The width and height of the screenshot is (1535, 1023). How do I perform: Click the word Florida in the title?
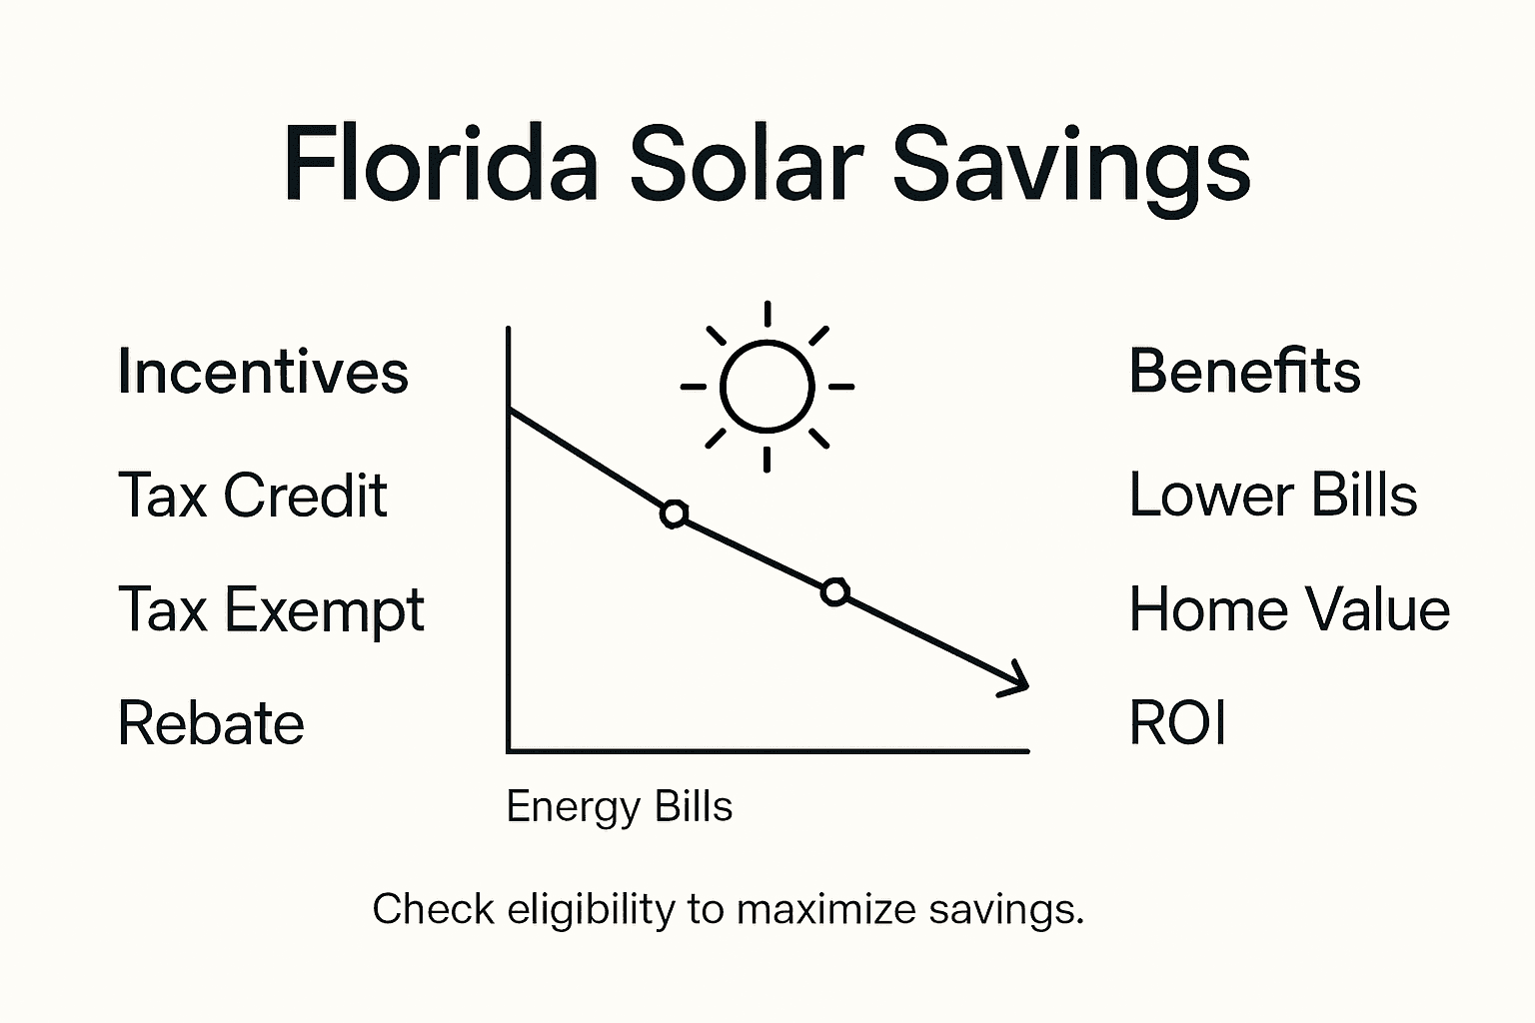[440, 163]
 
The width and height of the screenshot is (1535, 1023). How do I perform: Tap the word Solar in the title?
[746, 163]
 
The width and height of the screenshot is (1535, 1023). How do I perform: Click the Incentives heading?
[263, 372]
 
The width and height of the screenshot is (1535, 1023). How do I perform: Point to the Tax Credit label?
[252, 495]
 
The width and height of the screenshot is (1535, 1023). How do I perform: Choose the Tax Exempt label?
[271, 610]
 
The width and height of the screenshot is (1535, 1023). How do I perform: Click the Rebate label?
[211, 723]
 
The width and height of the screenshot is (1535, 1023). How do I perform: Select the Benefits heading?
[1244, 371]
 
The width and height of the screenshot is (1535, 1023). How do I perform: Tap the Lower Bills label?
[1272, 495]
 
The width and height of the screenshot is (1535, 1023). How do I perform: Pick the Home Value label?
[1289, 609]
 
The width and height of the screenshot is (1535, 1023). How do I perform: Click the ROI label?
[1177, 723]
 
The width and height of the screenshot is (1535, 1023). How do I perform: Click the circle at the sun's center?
[767, 387]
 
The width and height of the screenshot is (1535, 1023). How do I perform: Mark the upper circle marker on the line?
[675, 514]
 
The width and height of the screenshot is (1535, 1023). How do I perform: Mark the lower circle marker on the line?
[835, 592]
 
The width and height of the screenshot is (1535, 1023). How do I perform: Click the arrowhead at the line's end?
[1017, 679]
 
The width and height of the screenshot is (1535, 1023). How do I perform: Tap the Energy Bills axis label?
[619, 806]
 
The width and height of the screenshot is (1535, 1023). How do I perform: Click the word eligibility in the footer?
[591, 910]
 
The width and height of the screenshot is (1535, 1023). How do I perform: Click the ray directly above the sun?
[767, 314]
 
